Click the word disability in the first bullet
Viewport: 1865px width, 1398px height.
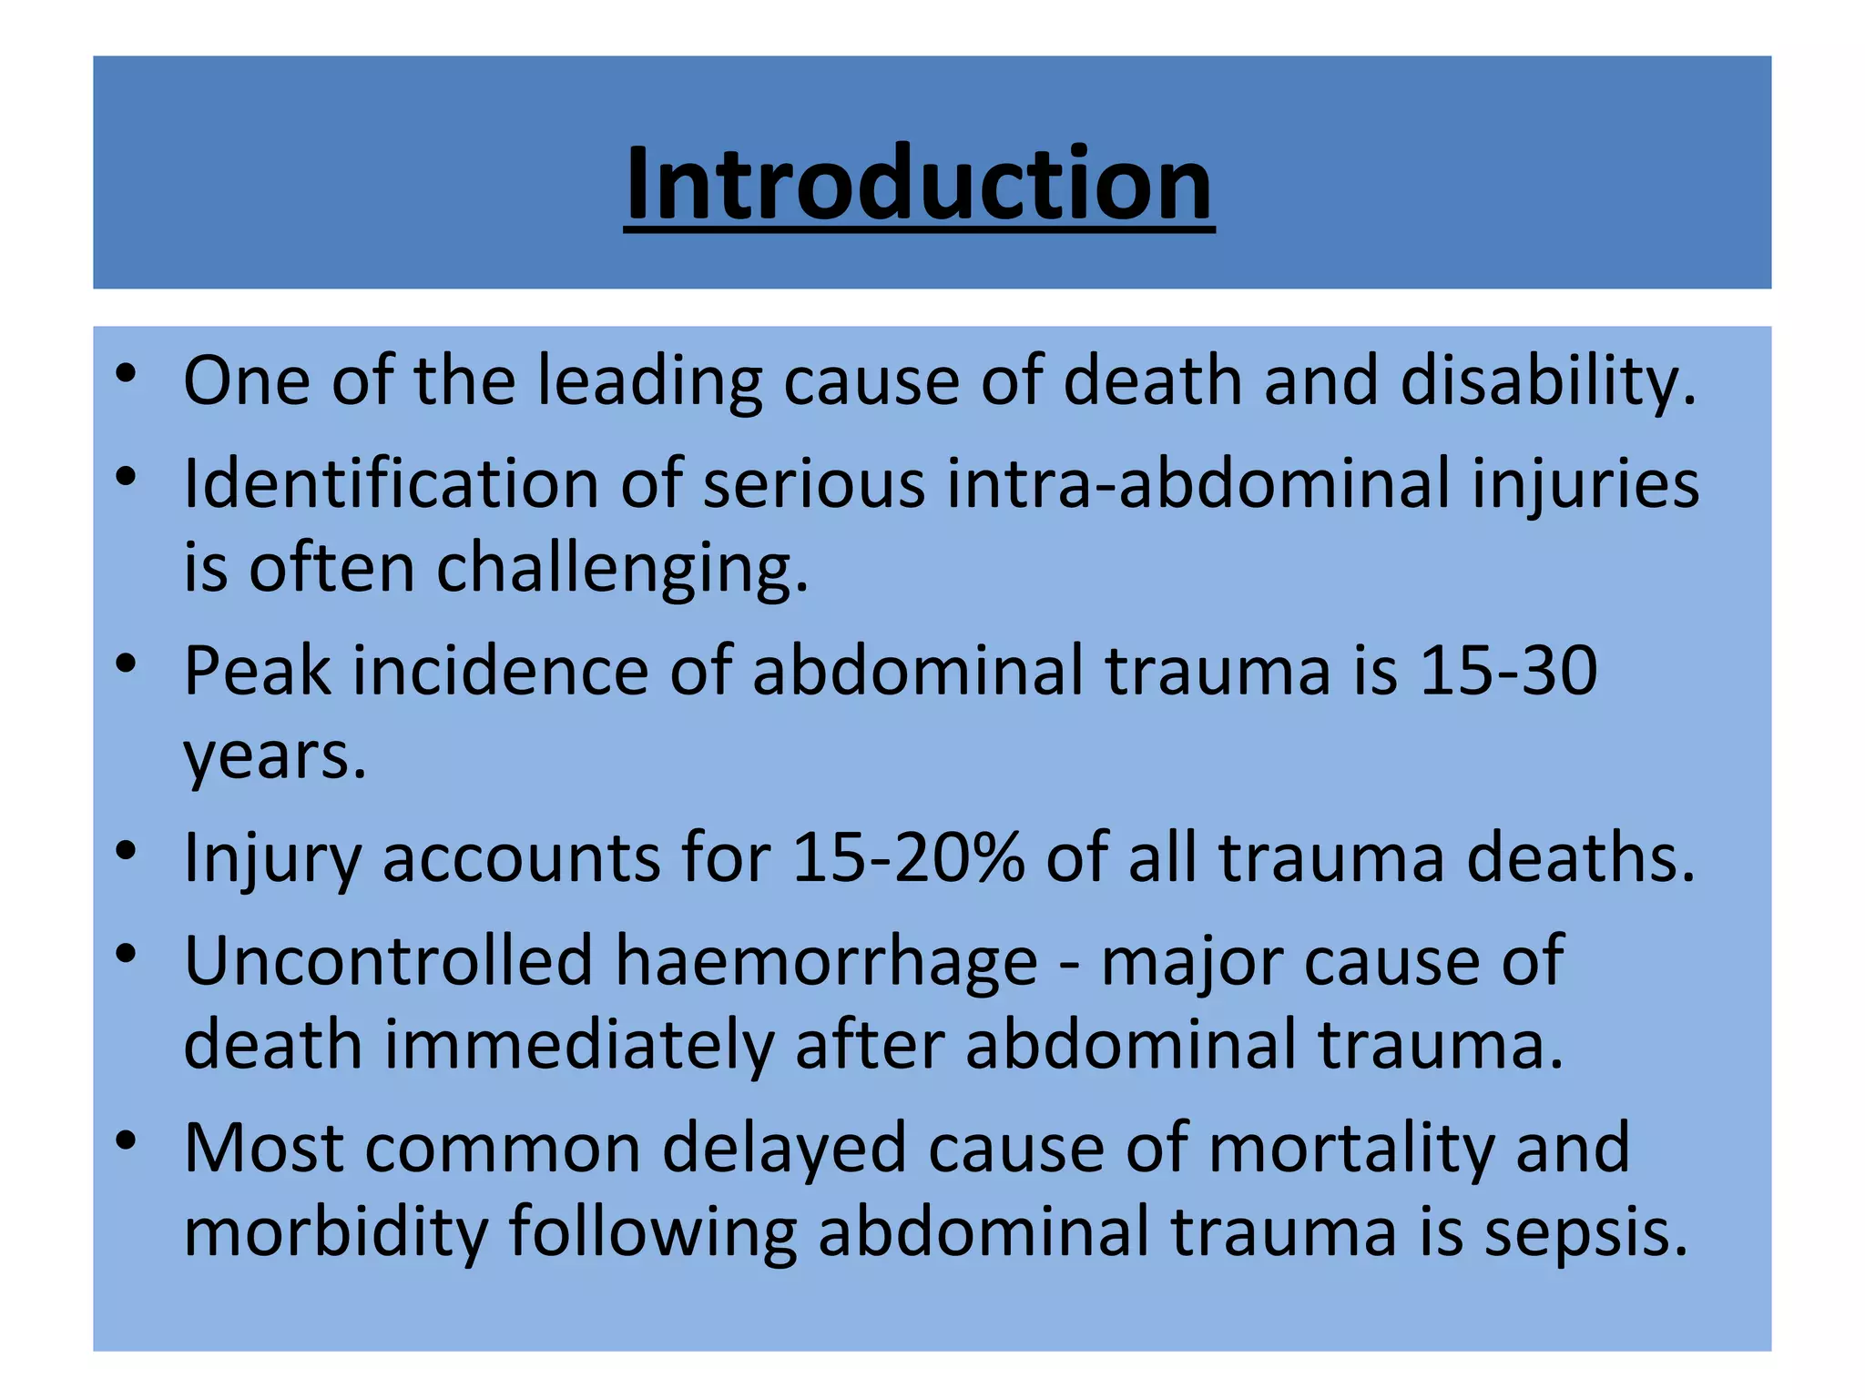[x=1547, y=380]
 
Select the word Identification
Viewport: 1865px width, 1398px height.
[x=391, y=482]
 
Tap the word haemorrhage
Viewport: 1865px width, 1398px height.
[x=826, y=960]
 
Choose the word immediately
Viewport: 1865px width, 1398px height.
[x=579, y=1045]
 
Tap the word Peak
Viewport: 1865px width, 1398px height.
[x=258, y=671]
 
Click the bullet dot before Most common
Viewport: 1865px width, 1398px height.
[x=127, y=1141]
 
